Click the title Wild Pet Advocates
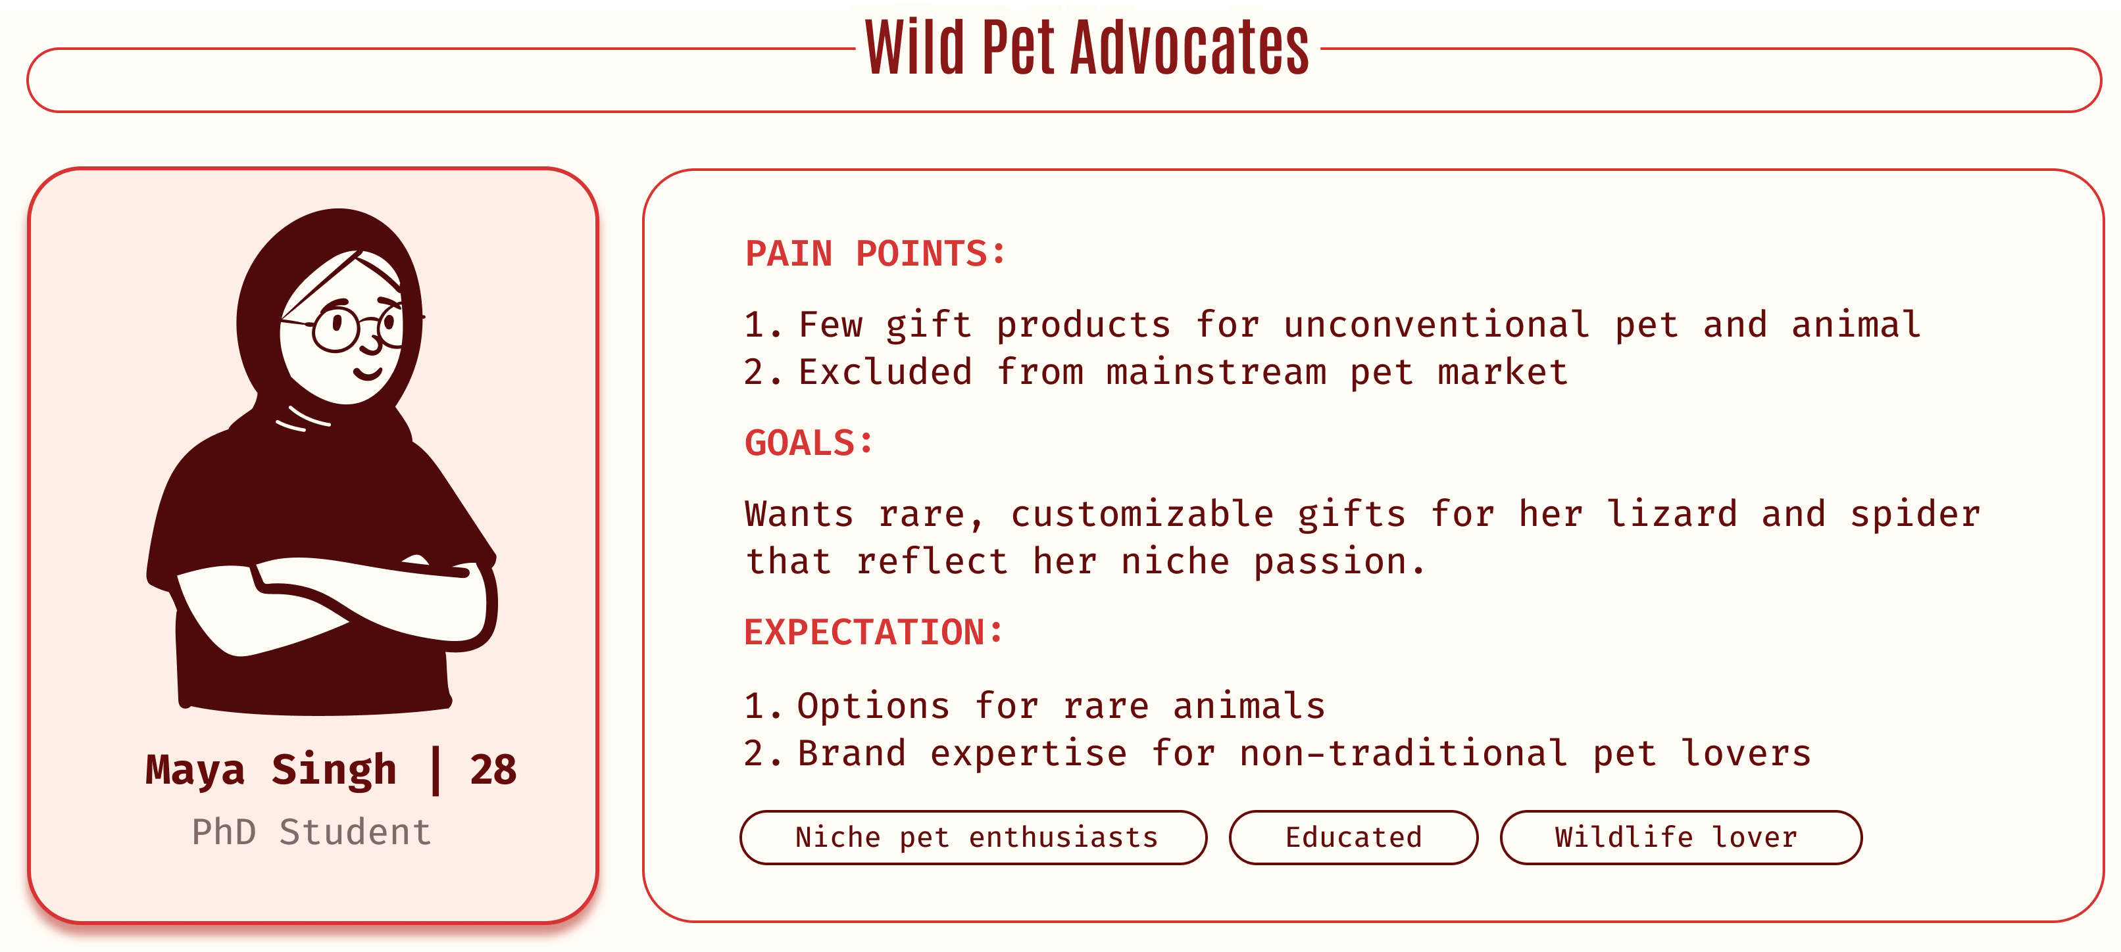(1087, 48)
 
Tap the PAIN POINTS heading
(875, 253)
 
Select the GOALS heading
(809, 442)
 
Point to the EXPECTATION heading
(874, 632)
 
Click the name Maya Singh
(271, 770)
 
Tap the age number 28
(493, 770)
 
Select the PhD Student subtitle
(311, 832)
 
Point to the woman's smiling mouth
(367, 373)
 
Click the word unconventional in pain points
(1437, 325)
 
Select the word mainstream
(1216, 372)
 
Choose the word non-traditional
(1403, 753)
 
